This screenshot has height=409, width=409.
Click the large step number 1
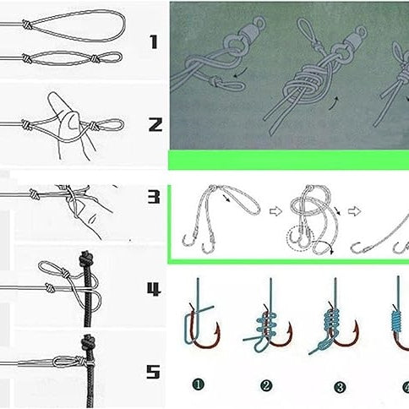click(x=154, y=42)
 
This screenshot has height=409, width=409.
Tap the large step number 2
click(x=155, y=125)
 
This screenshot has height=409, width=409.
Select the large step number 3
click(x=154, y=197)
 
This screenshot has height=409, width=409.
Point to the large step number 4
click(x=154, y=290)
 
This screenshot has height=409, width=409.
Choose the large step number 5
click(x=153, y=372)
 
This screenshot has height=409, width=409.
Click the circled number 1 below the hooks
click(x=199, y=384)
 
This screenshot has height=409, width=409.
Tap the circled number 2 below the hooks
click(x=265, y=386)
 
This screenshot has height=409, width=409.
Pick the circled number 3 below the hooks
click(x=340, y=388)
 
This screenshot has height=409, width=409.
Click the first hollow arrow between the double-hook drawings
click(x=275, y=211)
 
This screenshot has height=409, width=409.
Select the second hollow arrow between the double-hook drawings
click(x=354, y=211)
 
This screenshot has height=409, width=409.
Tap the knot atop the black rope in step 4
click(x=86, y=259)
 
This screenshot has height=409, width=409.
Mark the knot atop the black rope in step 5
click(x=88, y=343)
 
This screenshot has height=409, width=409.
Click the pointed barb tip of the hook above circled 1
click(x=218, y=323)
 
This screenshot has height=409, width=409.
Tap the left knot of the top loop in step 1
click(x=27, y=25)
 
